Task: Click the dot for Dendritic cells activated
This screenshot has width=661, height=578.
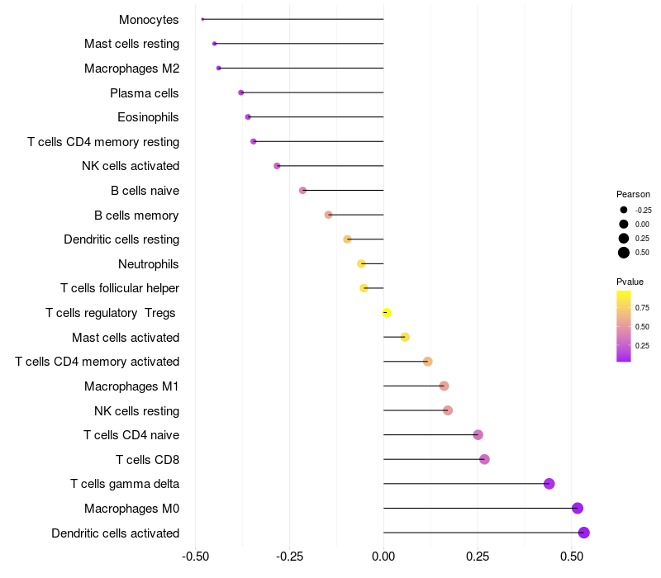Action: click(x=584, y=533)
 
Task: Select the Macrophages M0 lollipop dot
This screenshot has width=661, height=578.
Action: click(x=578, y=508)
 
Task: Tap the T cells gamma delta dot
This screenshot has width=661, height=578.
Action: click(x=549, y=484)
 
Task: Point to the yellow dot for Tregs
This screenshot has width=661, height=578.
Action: click(x=386, y=312)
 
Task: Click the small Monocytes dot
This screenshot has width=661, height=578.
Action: click(x=202, y=19)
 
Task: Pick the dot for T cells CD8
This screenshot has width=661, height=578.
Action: click(x=484, y=459)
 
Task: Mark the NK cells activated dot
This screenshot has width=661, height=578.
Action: click(x=277, y=166)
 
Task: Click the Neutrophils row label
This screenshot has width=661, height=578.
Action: click(x=149, y=264)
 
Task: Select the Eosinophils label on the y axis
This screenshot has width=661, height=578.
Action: click(x=148, y=117)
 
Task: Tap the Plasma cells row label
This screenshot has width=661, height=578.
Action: click(x=145, y=92)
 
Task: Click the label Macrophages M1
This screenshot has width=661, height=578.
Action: click(x=131, y=386)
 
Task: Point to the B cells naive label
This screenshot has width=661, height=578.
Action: click(x=145, y=191)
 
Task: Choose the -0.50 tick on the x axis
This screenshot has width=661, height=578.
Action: click(x=195, y=556)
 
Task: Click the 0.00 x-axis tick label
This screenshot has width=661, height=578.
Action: click(x=383, y=556)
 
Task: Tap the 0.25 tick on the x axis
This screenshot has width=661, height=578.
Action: click(x=478, y=556)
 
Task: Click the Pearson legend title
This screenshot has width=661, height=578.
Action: click(x=633, y=194)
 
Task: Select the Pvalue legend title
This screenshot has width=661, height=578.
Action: click(x=630, y=282)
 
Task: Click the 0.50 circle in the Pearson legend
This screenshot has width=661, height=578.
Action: click(x=624, y=253)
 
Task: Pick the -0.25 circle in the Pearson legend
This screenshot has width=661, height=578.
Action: click(x=624, y=210)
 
